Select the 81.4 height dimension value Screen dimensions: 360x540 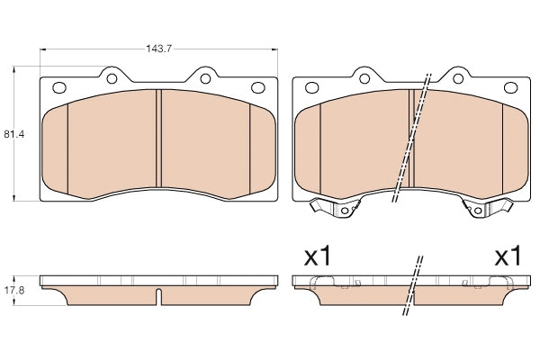[13, 134]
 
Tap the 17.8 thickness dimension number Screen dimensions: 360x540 [13, 290]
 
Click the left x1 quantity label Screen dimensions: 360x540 [318, 256]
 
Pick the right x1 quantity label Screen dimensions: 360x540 [508, 256]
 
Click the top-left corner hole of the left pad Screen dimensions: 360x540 [61, 88]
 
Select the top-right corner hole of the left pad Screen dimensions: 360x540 [257, 88]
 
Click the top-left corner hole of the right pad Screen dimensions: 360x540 [311, 88]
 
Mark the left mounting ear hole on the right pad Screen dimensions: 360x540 [364, 76]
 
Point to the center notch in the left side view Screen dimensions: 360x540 [158, 296]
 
